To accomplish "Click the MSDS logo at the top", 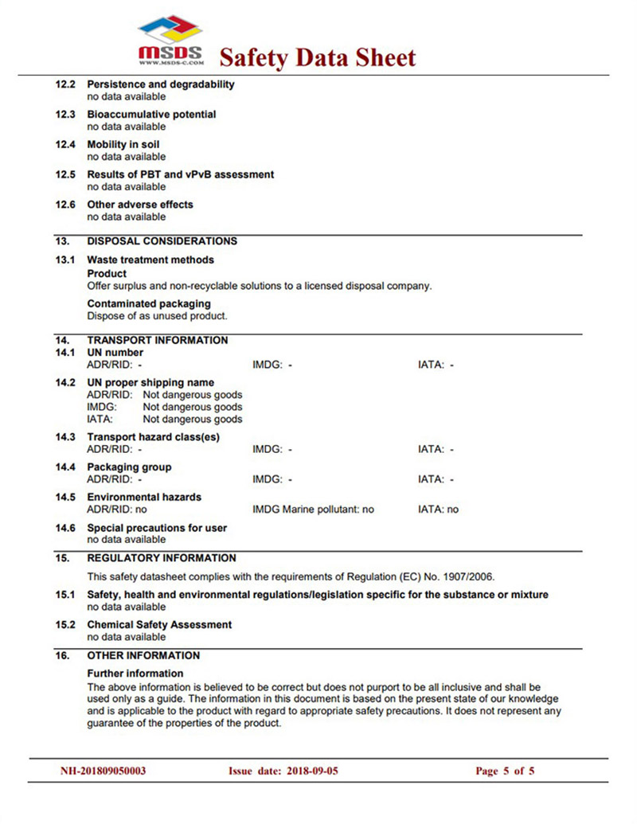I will click(x=170, y=41).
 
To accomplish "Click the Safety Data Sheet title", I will click(x=317, y=57).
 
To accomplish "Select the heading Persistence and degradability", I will click(x=160, y=84).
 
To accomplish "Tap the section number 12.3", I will click(x=65, y=115).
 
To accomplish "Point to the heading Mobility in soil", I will click(x=123, y=145).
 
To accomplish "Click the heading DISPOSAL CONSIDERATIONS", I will click(x=162, y=241).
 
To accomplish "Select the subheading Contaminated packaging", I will click(x=149, y=303).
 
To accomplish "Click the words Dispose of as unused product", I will click(x=157, y=315).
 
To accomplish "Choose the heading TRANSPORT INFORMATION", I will click(x=157, y=341).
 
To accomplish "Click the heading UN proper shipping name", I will click(x=150, y=383).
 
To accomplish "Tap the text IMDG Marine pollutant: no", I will click(x=313, y=510).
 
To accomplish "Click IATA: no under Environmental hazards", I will click(x=438, y=510).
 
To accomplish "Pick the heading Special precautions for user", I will click(x=157, y=528).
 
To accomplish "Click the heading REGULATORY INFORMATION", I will click(x=162, y=558).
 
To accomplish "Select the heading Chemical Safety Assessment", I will click(x=159, y=625).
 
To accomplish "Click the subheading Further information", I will click(x=135, y=674).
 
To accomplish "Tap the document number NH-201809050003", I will click(x=104, y=771).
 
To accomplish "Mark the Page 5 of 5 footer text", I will click(x=505, y=771).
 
